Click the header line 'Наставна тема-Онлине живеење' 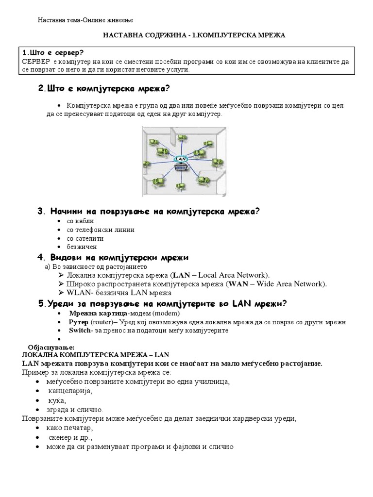click(85, 20)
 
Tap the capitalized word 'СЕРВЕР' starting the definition click(36, 62)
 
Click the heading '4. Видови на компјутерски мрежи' click(113, 257)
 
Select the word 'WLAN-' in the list click(78, 293)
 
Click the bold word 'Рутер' click(79, 322)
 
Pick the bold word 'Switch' click(80, 331)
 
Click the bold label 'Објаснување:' click(51, 348)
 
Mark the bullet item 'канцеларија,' click(70, 391)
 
